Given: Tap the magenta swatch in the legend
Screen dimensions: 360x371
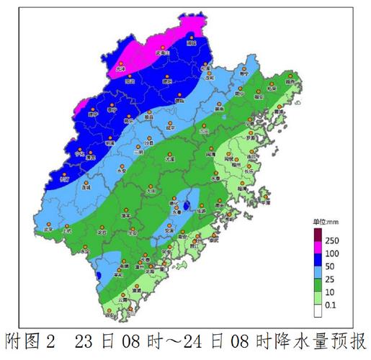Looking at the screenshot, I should (318, 247).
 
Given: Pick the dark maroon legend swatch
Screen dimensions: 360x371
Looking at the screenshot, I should (318, 233).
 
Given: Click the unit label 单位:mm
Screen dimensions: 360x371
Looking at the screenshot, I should (325, 221).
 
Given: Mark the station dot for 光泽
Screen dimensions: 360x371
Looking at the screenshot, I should (121, 65).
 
